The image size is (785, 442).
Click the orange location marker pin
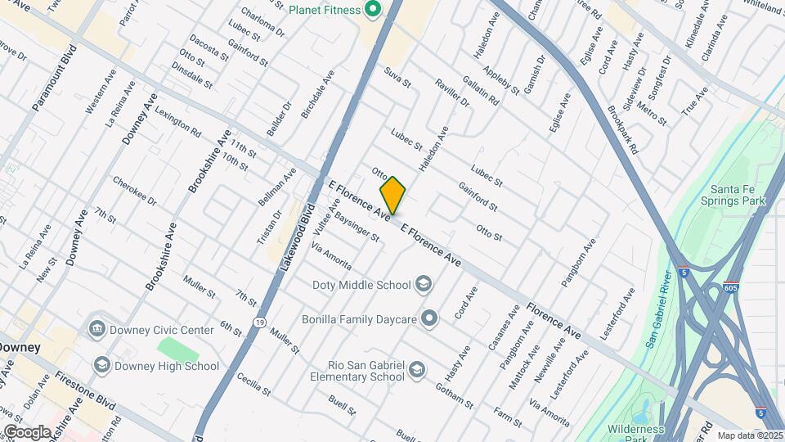tap(392, 195)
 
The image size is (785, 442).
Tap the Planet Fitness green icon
tap(373, 10)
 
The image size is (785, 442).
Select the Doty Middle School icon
tap(423, 285)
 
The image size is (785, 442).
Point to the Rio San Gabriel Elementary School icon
tap(417, 370)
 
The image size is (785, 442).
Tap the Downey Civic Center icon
tap(96, 328)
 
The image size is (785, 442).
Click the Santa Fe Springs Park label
tap(737, 194)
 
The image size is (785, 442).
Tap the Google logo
tap(27, 431)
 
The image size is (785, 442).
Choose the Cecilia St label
tap(253, 385)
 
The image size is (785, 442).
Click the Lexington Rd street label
tap(177, 120)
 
